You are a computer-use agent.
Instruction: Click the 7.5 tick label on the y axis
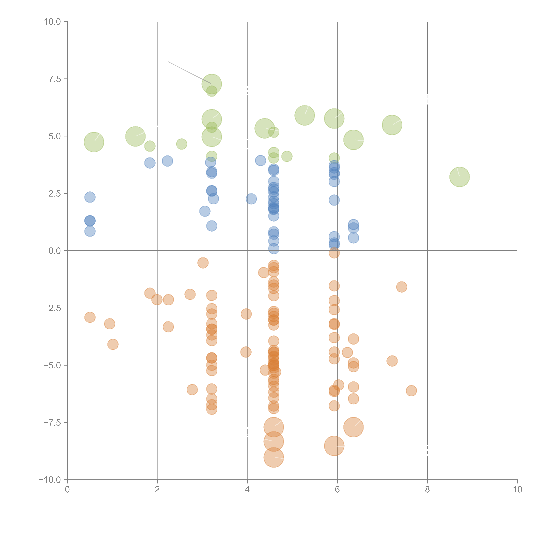click(55, 79)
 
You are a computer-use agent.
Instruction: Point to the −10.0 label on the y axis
click(50, 480)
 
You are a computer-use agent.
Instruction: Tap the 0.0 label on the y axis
click(55, 251)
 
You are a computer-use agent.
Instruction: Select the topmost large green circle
click(212, 84)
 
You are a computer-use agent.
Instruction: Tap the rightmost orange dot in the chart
click(411, 391)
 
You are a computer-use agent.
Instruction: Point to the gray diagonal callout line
click(189, 72)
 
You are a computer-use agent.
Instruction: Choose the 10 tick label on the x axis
click(517, 490)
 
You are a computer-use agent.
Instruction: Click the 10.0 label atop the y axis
click(52, 22)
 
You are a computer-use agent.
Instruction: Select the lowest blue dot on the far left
click(90, 231)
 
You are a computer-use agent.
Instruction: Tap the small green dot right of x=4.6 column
click(287, 156)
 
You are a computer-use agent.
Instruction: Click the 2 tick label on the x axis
click(157, 490)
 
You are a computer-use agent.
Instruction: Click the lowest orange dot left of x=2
click(113, 344)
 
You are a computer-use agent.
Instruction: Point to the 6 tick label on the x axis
click(337, 490)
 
